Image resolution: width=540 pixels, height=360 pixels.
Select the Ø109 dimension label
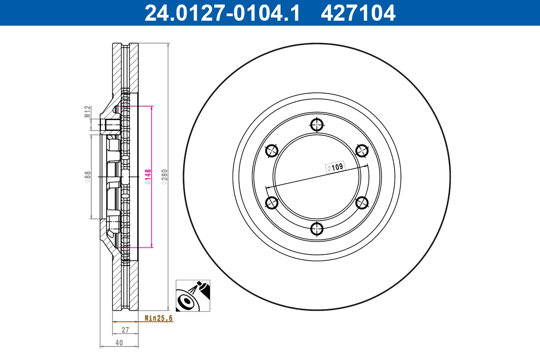click(335, 167)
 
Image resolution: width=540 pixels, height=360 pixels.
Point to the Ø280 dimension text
click(164, 177)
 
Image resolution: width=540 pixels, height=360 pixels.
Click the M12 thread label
click(88, 112)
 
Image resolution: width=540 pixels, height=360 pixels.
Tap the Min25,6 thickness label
click(158, 318)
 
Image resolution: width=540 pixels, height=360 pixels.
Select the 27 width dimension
click(125, 330)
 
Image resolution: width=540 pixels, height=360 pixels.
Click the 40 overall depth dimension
click(119, 342)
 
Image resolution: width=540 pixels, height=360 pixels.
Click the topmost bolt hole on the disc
click(317, 125)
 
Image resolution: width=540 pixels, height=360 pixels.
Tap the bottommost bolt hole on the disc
click(317, 229)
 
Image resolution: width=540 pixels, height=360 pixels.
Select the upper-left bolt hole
click(272, 151)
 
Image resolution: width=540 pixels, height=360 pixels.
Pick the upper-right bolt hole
click(362, 151)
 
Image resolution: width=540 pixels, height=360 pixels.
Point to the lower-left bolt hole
click(272, 203)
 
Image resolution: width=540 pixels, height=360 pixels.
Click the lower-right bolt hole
click(362, 203)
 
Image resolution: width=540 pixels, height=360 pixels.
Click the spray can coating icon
click(193, 295)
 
